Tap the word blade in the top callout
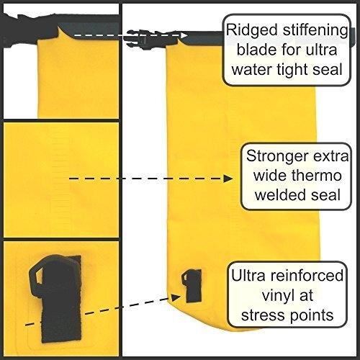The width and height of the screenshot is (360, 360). coord(256,50)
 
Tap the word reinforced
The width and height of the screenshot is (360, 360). coord(307,275)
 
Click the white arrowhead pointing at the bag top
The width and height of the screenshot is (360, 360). coord(184,35)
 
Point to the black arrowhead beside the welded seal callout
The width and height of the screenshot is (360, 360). coord(228,179)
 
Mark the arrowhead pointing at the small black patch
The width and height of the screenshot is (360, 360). coord(176,297)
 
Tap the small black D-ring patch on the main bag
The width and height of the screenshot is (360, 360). coord(192,285)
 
